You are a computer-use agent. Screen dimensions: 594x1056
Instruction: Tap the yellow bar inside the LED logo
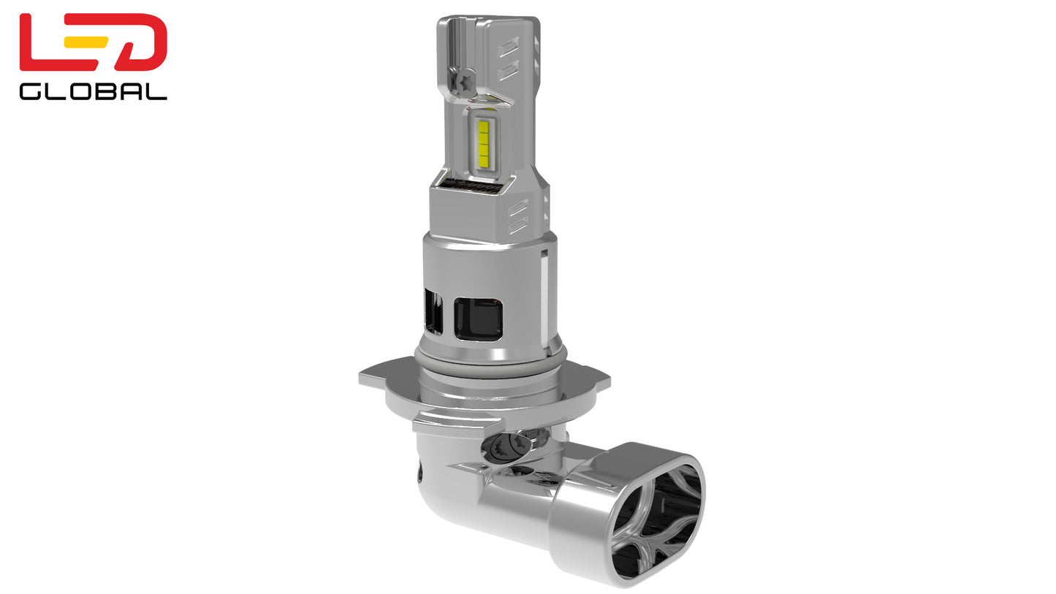pyautogui.click(x=86, y=42)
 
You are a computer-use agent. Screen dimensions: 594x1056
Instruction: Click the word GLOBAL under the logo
pyautogui.click(x=93, y=91)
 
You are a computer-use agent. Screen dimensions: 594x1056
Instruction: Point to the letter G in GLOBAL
pyautogui.click(x=32, y=91)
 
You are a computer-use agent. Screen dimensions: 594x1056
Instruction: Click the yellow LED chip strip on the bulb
pyautogui.click(x=483, y=142)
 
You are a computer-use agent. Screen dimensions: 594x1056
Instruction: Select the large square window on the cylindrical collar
pyautogui.click(x=479, y=319)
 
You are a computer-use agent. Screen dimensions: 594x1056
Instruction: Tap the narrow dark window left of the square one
pyautogui.click(x=433, y=311)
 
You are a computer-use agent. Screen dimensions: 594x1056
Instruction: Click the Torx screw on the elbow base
pyautogui.click(x=506, y=445)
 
